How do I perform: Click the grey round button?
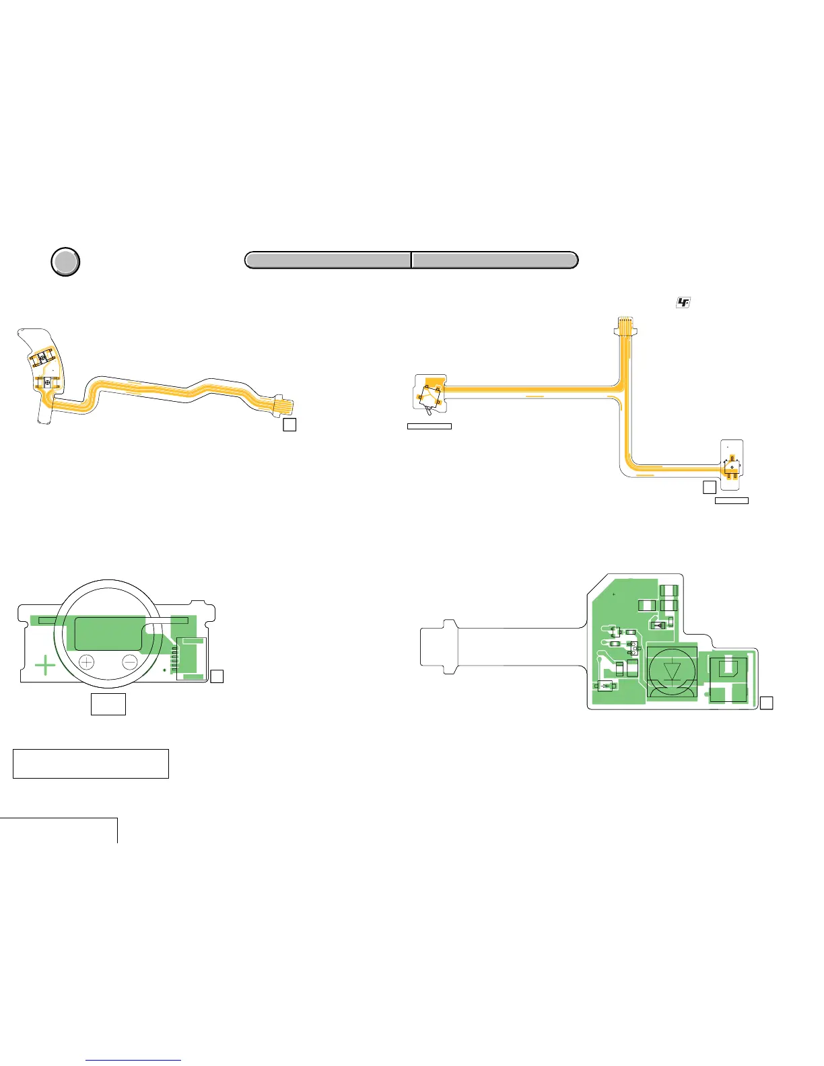coord(65,262)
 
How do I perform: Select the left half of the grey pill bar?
coord(328,260)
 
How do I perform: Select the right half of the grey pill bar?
coord(495,260)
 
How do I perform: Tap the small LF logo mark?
coord(683,304)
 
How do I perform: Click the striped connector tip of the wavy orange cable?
coord(285,406)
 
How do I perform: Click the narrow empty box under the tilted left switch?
coord(429,426)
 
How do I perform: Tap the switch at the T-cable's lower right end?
coord(732,466)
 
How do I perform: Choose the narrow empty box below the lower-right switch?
coord(731,501)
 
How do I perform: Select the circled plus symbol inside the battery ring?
coord(87,662)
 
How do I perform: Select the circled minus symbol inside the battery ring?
coord(131,662)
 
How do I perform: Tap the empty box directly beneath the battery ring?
coord(108,704)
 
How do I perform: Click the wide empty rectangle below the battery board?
coord(90,763)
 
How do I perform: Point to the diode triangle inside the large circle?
coord(672,672)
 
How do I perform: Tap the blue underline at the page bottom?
coord(133,1060)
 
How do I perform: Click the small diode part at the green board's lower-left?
coord(605,686)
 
